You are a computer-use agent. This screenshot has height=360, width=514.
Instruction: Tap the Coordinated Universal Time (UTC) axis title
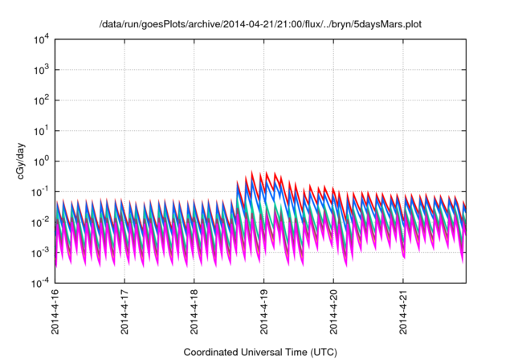coord(260,352)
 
